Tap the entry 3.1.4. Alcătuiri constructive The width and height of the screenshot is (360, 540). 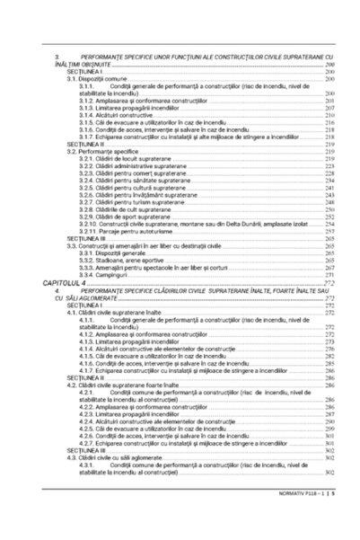coord(112,115)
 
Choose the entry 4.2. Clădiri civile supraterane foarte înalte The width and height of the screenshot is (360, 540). coord(111,385)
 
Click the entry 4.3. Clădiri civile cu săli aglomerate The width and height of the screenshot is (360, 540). coord(108,457)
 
